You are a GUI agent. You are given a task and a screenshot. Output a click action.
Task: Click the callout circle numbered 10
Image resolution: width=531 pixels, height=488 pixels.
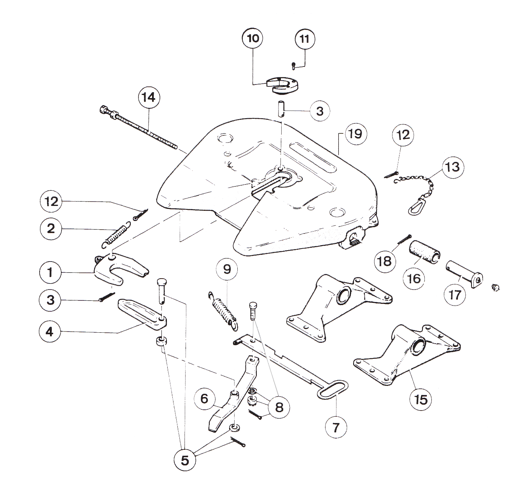coord(253,39)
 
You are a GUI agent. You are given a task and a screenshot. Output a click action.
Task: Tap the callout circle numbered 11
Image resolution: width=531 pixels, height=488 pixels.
coord(305,39)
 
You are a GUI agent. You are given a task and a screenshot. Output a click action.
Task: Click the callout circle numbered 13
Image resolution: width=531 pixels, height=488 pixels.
coord(452,168)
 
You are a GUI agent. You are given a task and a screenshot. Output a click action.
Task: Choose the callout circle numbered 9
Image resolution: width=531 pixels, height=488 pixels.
coord(227,269)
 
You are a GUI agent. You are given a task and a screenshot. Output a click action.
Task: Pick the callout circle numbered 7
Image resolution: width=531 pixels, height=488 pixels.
coord(336,427)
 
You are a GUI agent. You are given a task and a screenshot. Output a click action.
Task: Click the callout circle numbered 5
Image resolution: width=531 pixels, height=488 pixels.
coord(185,460)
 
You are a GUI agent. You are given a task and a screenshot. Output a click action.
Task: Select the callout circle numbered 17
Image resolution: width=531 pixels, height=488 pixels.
coord(455,295)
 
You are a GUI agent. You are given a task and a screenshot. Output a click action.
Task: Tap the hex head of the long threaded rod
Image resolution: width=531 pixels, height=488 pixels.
coord(104,109)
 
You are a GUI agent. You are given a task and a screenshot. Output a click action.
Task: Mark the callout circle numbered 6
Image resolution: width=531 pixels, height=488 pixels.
coord(205,398)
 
